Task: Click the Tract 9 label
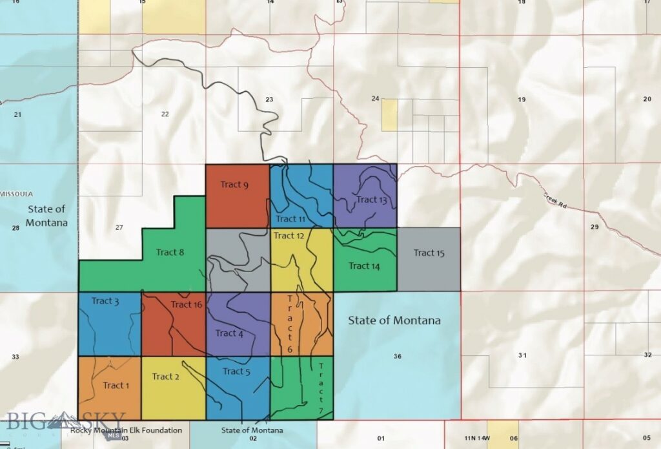(x=234, y=185)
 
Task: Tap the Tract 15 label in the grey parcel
(x=429, y=253)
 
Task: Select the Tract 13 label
(x=372, y=200)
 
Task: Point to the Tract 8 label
(x=170, y=252)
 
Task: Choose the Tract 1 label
(x=116, y=386)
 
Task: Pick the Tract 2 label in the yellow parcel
(x=166, y=376)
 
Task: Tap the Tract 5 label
(x=237, y=371)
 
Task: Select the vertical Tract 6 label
(x=290, y=323)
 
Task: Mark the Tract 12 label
(x=289, y=235)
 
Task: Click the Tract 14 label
(x=364, y=266)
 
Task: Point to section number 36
(x=397, y=357)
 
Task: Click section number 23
(x=269, y=99)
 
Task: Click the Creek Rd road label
(x=556, y=200)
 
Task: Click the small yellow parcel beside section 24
(x=389, y=115)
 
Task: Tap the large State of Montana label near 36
(x=394, y=320)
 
